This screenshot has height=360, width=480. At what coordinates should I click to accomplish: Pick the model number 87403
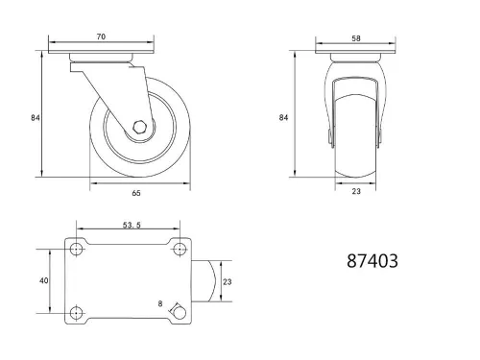point(371,260)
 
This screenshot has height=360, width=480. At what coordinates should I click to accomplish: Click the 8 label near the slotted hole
point(159,303)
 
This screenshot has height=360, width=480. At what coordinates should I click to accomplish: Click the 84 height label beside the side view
point(34,117)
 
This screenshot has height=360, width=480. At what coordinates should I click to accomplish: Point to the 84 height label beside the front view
point(283,117)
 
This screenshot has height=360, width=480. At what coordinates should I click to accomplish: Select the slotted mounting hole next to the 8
point(178,311)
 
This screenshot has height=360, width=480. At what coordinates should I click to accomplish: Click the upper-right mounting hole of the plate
point(178,250)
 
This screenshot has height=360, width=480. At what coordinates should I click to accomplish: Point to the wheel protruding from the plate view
point(203,280)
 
